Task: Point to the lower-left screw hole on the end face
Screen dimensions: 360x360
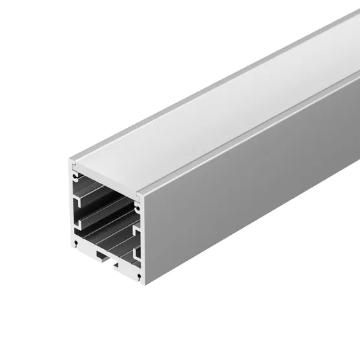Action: (x=76, y=243)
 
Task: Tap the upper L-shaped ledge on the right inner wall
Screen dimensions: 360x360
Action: (x=136, y=229)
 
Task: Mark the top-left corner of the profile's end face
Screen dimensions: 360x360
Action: (x=69, y=159)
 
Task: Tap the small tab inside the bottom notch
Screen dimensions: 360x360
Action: (x=102, y=258)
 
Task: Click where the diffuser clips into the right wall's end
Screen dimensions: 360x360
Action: (x=139, y=194)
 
